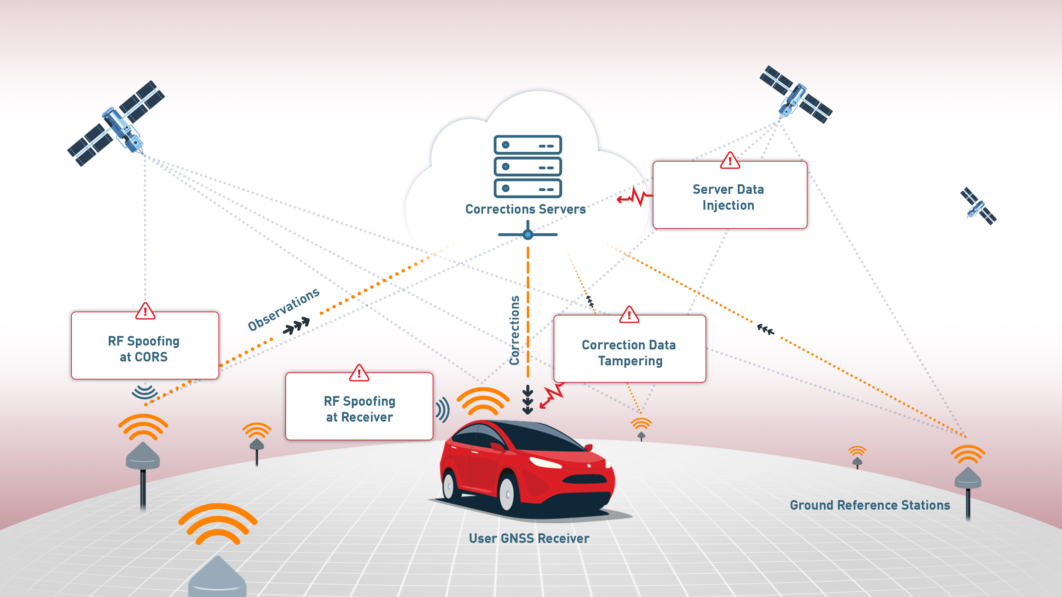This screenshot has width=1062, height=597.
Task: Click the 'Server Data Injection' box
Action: (x=730, y=195)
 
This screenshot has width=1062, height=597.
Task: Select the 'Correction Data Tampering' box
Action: (x=629, y=349)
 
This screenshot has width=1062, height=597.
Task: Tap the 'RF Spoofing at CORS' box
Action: (x=145, y=345)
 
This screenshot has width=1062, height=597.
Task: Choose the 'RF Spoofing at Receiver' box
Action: (x=359, y=406)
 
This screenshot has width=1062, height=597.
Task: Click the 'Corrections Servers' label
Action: (x=526, y=209)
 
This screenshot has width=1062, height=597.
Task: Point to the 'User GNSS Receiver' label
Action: (x=529, y=538)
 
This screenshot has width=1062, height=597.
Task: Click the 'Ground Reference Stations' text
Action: (x=870, y=505)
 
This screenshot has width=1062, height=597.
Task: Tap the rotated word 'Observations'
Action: (x=284, y=309)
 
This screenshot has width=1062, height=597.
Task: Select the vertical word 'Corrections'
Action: (x=514, y=330)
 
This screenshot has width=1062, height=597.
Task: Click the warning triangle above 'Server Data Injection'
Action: (x=730, y=160)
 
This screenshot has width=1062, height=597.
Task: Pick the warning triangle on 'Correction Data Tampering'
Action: (x=629, y=314)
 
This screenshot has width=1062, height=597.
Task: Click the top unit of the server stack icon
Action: (x=528, y=145)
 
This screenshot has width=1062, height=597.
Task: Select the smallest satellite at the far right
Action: (x=978, y=206)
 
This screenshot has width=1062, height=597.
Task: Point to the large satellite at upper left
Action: (x=116, y=123)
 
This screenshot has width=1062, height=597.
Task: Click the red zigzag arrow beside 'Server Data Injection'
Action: (x=635, y=197)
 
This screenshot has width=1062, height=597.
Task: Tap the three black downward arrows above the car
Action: (x=528, y=400)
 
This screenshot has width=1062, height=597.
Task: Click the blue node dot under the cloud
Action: (x=528, y=235)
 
